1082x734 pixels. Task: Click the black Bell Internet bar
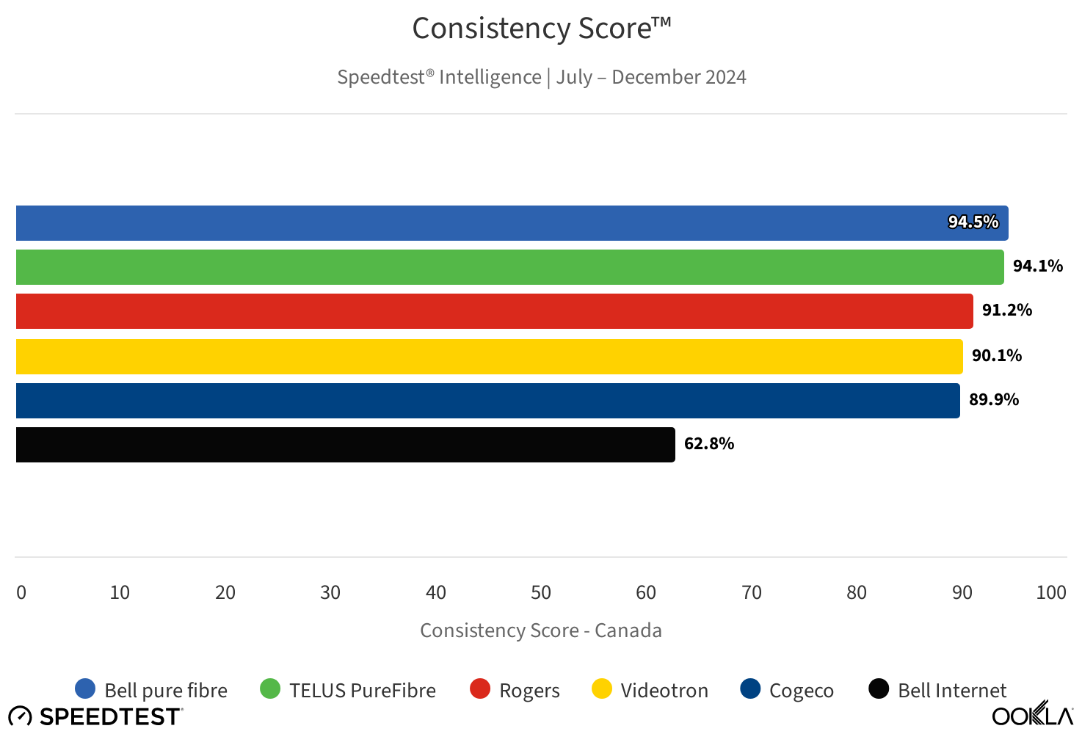[x=345, y=445]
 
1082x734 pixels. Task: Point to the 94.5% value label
[x=973, y=222]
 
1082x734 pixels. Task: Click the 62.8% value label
[x=708, y=443]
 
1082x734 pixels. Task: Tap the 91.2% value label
[x=1006, y=310]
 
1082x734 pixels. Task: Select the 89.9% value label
[x=993, y=399]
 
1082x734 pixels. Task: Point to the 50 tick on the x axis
[x=541, y=592]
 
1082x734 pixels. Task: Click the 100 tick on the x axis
[x=1050, y=592]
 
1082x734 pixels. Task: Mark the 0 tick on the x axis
[x=21, y=592]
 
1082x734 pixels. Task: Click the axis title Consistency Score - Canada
[x=541, y=631]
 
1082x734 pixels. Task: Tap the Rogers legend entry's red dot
[x=480, y=688]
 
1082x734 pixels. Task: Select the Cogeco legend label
[x=801, y=691]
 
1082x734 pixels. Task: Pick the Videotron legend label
[x=664, y=691]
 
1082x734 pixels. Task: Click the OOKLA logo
[x=1032, y=714]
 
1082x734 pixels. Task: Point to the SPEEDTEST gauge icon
[x=20, y=716]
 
